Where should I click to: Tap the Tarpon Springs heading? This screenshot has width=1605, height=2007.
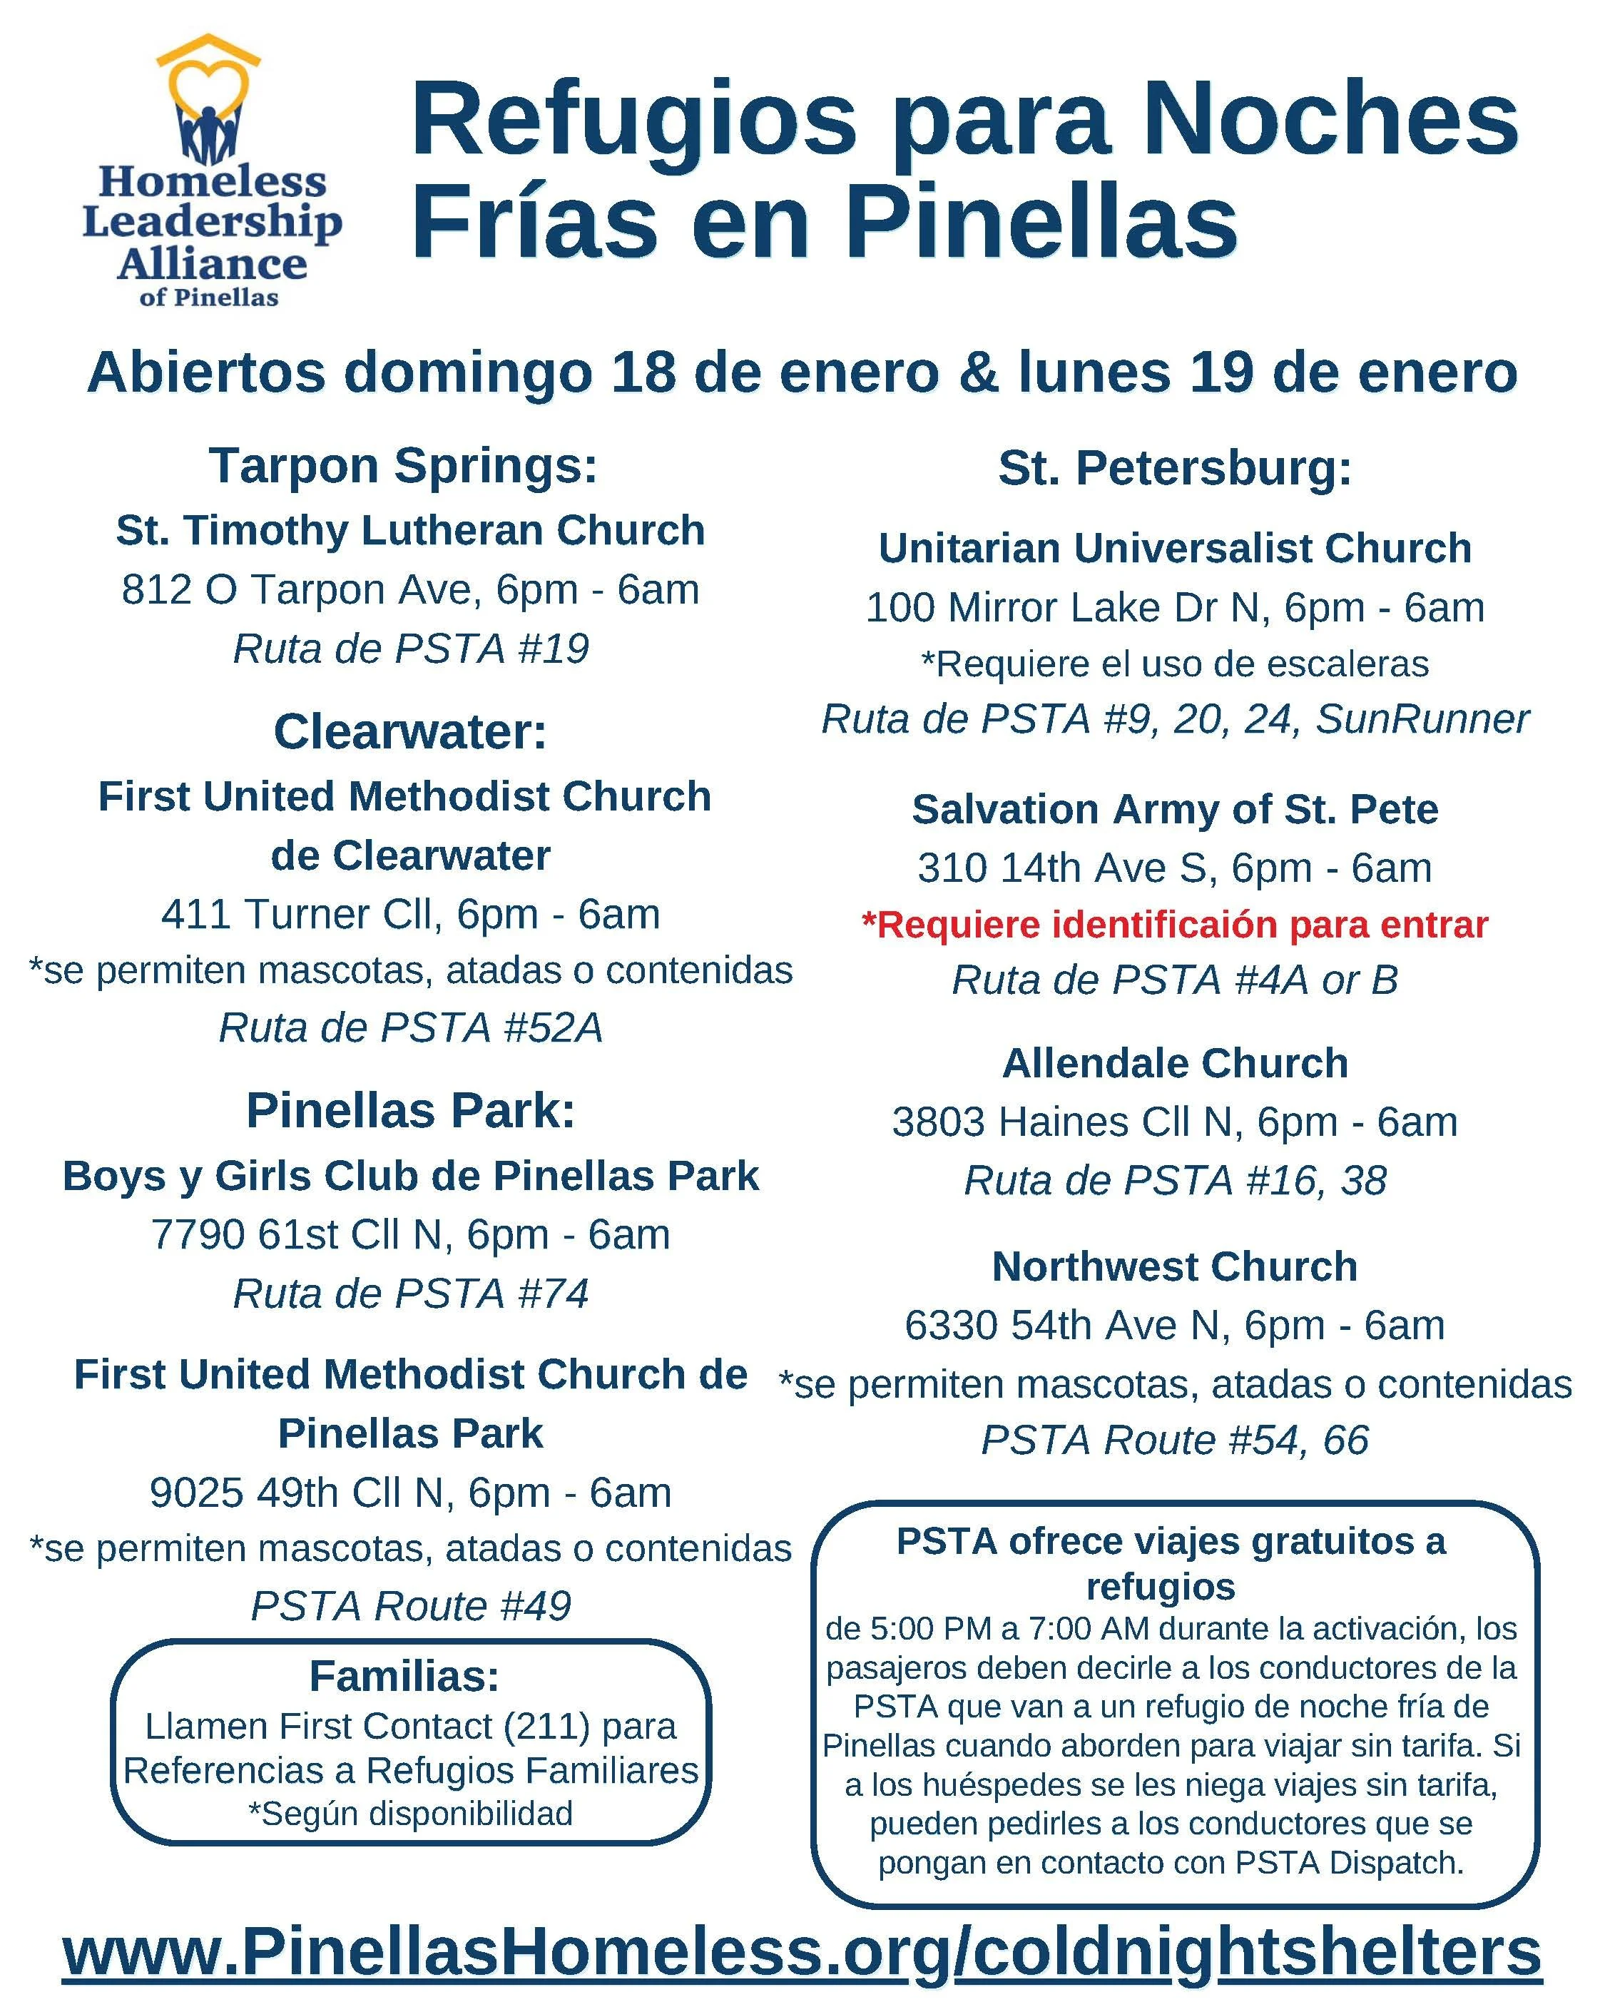coord(402,465)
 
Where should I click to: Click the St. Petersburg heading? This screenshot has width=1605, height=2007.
coord(1174,468)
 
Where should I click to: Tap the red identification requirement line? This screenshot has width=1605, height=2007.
coord(1174,925)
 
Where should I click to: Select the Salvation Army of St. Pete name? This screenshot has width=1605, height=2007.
coord(1174,810)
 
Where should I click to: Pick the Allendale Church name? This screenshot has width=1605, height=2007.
coord(1174,1063)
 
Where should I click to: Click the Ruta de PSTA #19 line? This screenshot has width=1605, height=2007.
coord(411,649)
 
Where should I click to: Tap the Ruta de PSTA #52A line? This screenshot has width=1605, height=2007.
coord(411,1027)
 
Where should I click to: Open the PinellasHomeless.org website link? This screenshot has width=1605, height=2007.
coord(802,1951)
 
